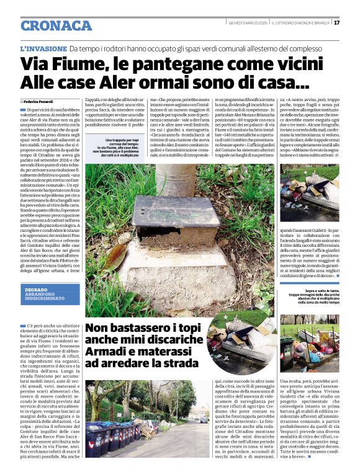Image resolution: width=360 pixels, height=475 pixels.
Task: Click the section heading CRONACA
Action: [56, 25]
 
